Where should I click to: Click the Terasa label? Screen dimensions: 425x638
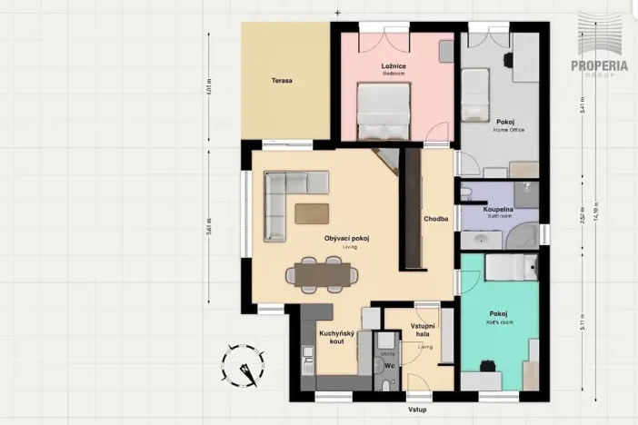282,81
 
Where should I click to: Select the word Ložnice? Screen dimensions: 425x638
393,66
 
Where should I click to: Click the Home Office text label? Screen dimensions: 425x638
506,130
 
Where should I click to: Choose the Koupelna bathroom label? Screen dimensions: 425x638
498,210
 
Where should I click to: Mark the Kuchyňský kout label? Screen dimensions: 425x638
335,338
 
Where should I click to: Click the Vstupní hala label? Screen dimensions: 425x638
424,331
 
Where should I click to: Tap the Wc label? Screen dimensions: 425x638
388,366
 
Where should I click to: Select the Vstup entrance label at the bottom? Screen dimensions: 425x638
417,410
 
